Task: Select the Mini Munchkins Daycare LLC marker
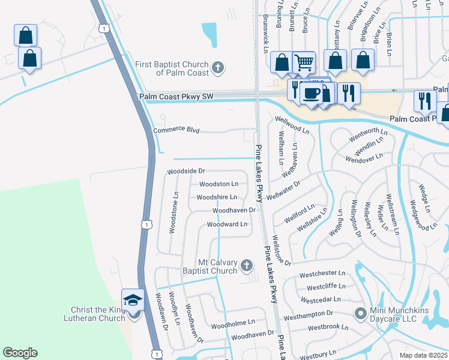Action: pyautogui.click(x=360, y=313)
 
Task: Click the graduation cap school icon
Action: pyautogui.click(x=133, y=299)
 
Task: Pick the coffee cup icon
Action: pyautogui.click(x=312, y=93)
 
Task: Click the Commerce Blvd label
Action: pyautogui.click(x=176, y=130)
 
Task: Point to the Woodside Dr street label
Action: pyautogui.click(x=186, y=171)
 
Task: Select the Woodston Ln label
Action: pyautogui.click(x=218, y=184)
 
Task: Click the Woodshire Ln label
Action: pyautogui.click(x=217, y=197)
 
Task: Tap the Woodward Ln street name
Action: pyautogui.click(x=227, y=224)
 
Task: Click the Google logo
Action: pyautogui.click(x=20, y=353)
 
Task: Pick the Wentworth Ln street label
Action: pyautogui.click(x=364, y=131)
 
